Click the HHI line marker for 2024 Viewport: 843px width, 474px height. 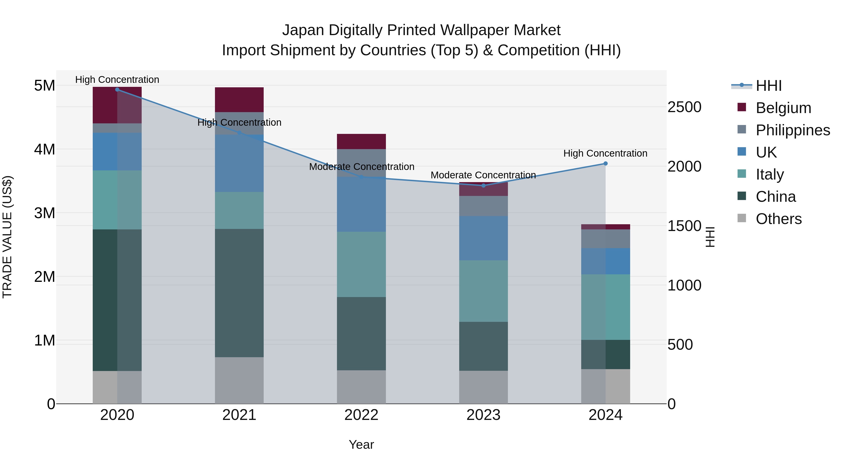605,164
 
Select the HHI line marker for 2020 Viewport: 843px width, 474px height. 117,89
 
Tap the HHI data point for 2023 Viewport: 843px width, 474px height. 483,185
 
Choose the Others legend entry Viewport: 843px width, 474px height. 779,219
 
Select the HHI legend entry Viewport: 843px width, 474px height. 768,86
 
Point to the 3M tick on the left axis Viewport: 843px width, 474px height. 44,213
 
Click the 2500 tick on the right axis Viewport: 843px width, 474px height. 684,107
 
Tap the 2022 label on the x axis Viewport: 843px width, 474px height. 361,415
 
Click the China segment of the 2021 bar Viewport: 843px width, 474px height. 239,293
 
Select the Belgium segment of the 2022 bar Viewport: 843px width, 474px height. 361,141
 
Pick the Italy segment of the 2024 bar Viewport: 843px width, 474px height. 605,307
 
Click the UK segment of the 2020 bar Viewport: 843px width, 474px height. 117,151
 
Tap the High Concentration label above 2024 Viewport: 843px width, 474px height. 605,153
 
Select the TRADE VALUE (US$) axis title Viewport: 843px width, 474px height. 7,237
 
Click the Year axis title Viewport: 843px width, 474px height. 361,445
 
